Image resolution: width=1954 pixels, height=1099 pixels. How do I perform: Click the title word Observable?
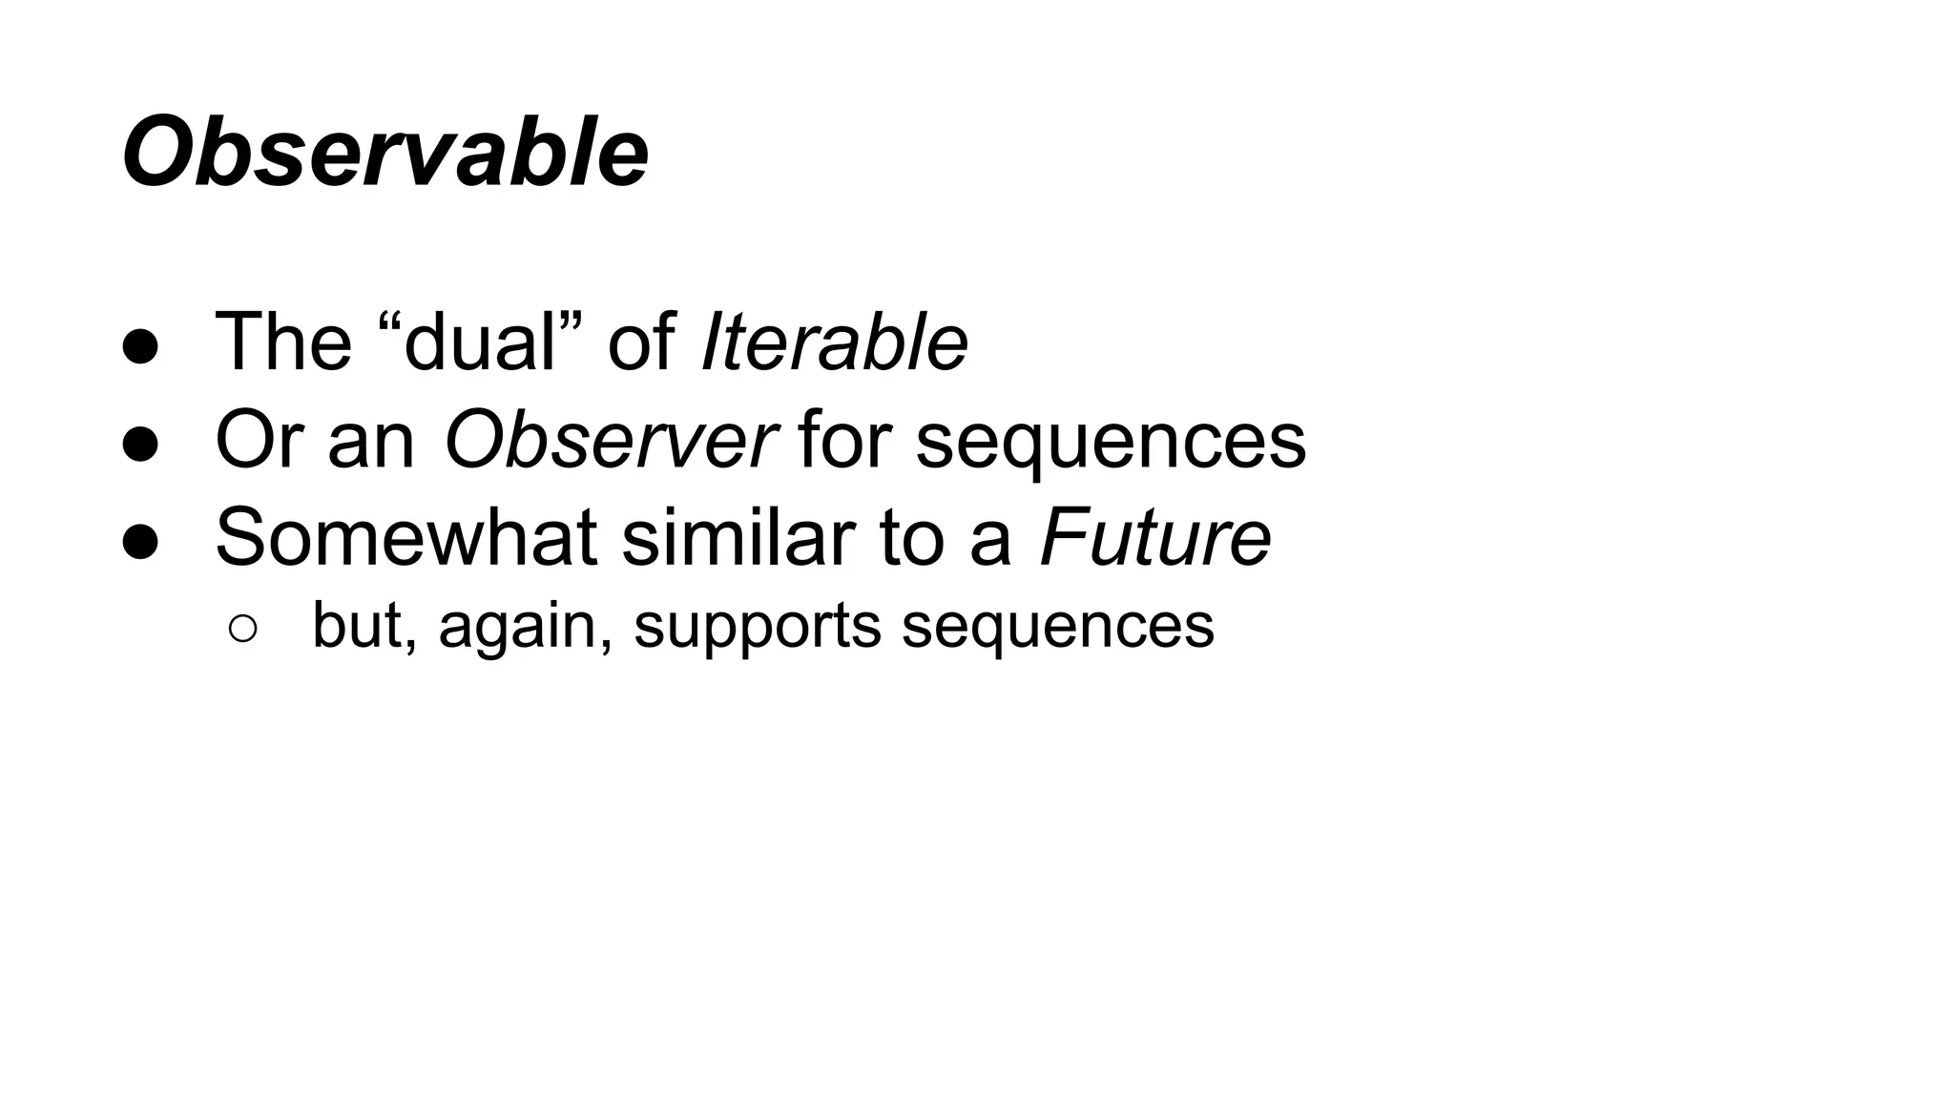tap(385, 154)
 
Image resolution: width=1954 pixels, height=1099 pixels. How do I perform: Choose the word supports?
tap(758, 628)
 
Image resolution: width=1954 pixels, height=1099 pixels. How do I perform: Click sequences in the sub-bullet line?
tap(1058, 626)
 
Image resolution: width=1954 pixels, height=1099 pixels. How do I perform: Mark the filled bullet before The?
tap(141, 346)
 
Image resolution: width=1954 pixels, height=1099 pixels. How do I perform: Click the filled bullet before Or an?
tap(141, 445)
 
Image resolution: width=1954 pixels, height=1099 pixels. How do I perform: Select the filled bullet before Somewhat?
tap(141, 542)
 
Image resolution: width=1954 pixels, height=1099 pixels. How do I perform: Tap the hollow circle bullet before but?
tap(242, 629)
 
